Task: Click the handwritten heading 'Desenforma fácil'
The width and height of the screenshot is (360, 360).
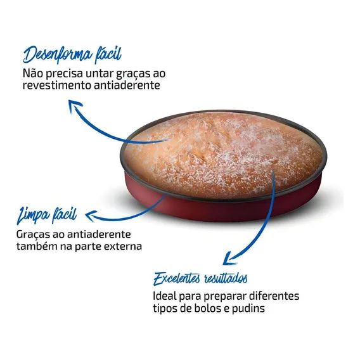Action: pyautogui.click(x=72, y=55)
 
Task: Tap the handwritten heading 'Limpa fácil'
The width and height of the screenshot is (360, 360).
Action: pyautogui.click(x=47, y=215)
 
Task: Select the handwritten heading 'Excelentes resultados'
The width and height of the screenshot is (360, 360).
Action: pyautogui.click(x=200, y=278)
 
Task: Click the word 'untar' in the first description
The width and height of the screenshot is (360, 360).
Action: pyautogui.click(x=100, y=74)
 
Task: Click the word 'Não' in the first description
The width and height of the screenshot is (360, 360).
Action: pyautogui.click(x=32, y=74)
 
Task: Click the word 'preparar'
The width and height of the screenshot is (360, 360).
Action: pyautogui.click(x=225, y=297)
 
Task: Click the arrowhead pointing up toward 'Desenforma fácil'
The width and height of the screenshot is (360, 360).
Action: pyautogui.click(x=75, y=106)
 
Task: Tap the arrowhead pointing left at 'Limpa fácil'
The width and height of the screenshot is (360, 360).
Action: pyautogui.click(x=90, y=215)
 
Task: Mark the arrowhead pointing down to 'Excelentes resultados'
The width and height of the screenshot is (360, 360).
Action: pyautogui.click(x=230, y=259)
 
